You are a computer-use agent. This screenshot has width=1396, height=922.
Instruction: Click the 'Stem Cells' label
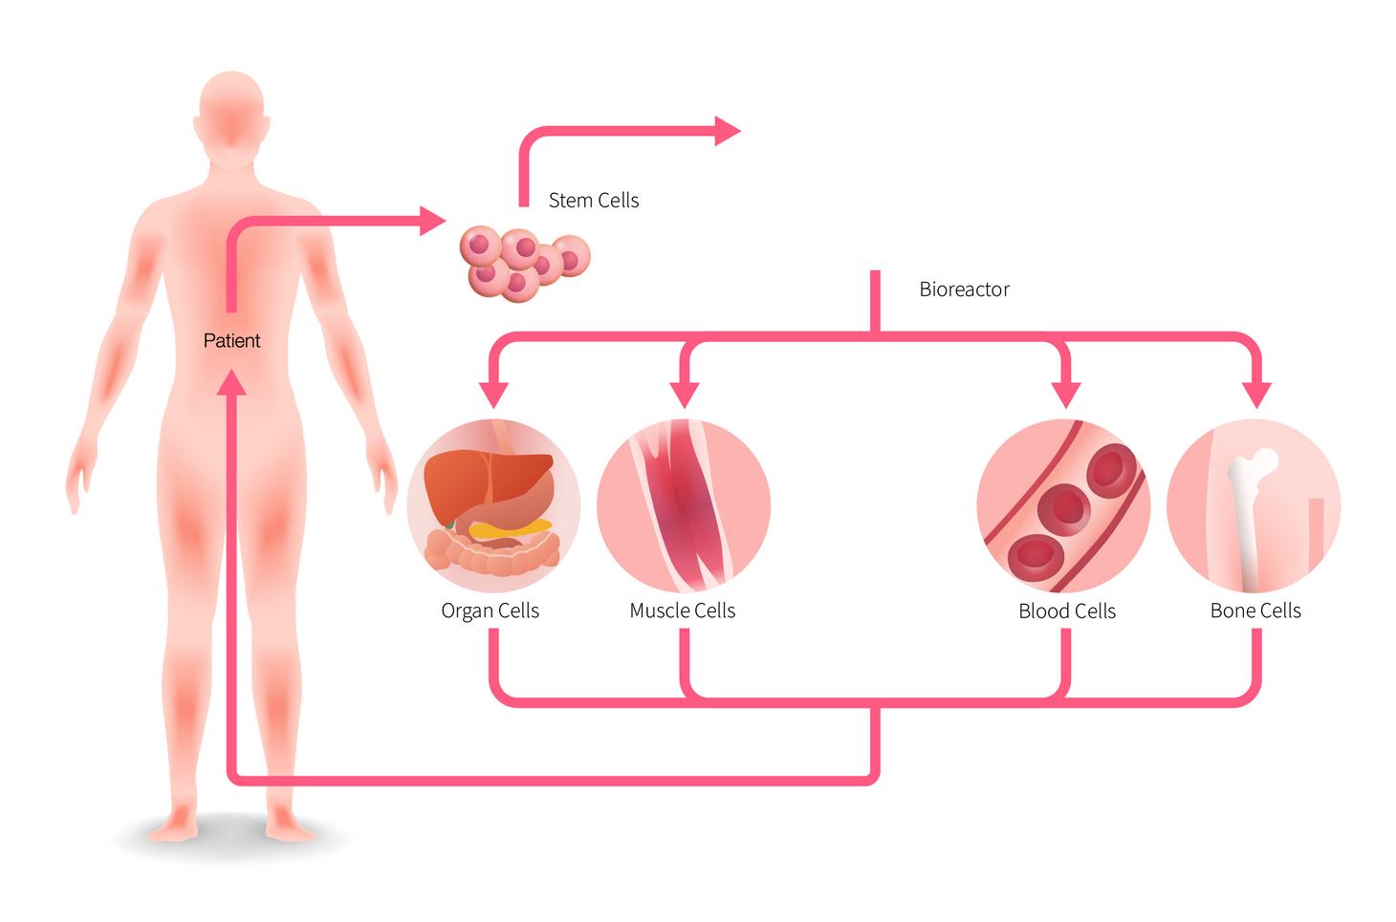593,201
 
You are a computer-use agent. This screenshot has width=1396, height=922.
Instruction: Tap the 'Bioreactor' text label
964,289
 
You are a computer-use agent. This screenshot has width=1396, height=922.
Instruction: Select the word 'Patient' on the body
231,340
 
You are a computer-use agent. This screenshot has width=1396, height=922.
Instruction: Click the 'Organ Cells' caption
490,611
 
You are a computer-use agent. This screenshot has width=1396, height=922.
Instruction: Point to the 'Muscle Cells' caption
683,611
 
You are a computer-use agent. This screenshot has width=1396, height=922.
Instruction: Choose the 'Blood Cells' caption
1067,611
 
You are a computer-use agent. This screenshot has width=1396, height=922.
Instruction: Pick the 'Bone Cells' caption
1255,611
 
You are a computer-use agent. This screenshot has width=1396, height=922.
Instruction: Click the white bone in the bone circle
1247,516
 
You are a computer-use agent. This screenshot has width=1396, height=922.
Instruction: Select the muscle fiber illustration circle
684,505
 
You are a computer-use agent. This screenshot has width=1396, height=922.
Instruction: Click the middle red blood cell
1063,510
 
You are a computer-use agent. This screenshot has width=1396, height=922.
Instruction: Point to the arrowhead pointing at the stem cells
433,221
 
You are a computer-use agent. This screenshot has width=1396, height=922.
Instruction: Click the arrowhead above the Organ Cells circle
493,394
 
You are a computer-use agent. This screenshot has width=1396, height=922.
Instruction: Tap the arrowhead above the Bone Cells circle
1258,394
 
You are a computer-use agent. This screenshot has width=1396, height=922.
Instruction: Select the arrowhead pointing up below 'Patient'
231,382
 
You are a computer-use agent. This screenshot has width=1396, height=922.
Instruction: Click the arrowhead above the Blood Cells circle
1065,394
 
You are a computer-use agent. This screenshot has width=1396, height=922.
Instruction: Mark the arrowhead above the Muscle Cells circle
684,394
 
